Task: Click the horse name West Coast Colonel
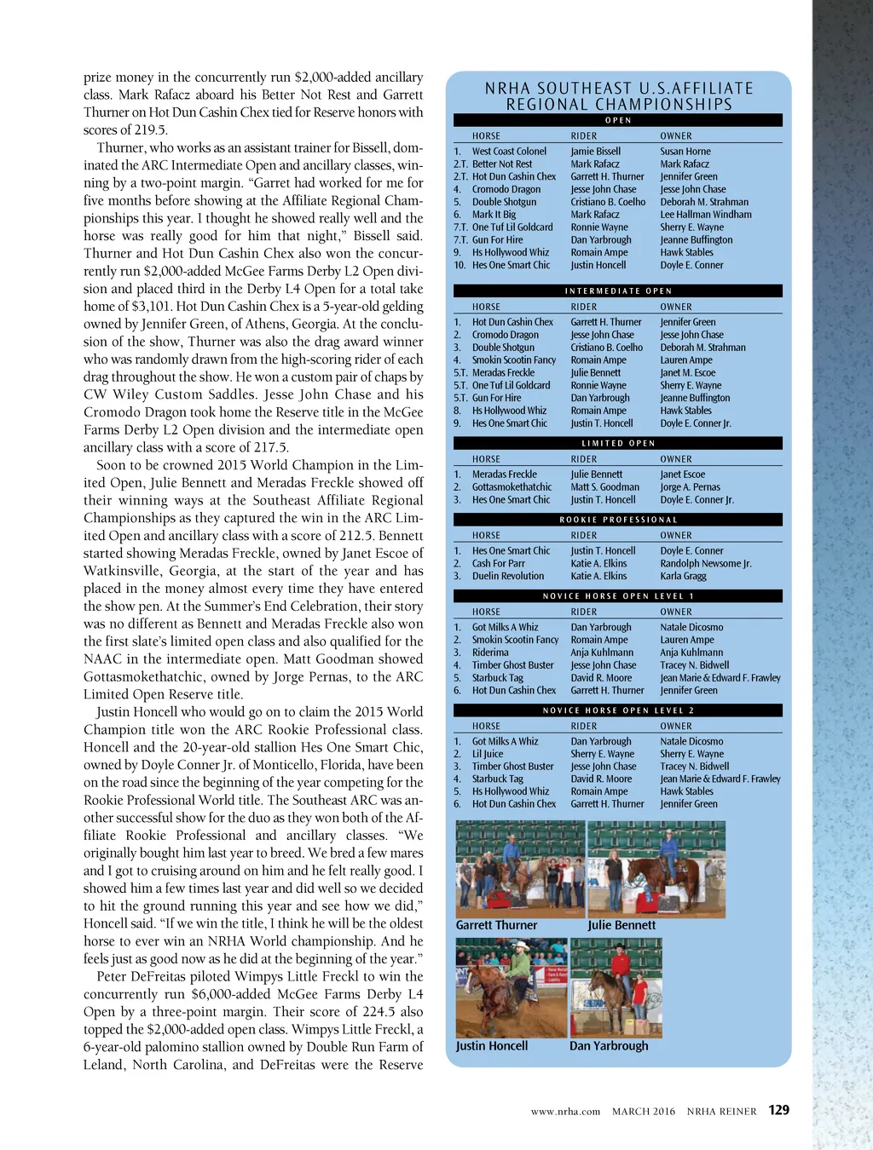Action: coord(509,152)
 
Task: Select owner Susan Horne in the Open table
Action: coord(685,152)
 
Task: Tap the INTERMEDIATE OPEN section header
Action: coord(618,291)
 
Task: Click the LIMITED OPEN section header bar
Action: coord(618,444)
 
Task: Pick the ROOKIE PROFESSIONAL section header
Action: coord(618,520)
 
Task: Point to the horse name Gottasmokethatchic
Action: coord(512,487)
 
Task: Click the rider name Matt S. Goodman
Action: coord(604,487)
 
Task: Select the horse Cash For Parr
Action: coord(498,564)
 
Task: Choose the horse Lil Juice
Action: coord(488,754)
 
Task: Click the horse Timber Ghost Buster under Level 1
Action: coord(512,665)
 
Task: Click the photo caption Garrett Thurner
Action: coord(496,925)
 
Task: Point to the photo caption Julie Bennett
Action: coord(622,925)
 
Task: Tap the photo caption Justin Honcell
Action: coord(491,1046)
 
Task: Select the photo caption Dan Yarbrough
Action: coord(609,1046)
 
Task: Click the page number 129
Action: coord(778,1110)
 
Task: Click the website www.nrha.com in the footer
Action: coord(565,1112)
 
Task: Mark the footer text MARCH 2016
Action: coord(643,1112)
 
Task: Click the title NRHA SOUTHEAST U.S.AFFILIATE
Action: coord(619,89)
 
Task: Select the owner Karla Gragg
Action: coord(683,577)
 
